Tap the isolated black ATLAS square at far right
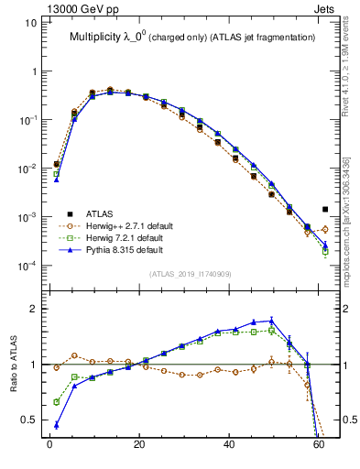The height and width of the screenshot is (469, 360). click(x=325, y=209)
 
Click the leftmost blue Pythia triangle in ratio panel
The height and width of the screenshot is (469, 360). click(x=57, y=425)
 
